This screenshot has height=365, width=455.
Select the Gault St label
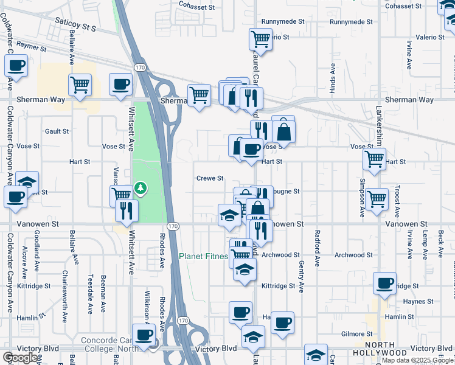pos(57,131)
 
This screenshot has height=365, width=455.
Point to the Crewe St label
pos(210,179)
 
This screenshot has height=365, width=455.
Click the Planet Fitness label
pos(203,257)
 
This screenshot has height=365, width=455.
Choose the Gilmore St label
pos(356,334)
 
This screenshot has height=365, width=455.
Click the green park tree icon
pos(141,188)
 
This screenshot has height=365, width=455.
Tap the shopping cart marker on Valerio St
pos(260,40)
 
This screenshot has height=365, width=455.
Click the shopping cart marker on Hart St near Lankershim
pos(374,159)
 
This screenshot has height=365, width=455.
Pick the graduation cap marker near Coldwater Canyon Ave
pos(27,182)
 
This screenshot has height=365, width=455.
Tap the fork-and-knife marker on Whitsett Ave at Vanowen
pos(127,210)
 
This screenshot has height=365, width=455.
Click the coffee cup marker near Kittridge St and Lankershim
pos(384,283)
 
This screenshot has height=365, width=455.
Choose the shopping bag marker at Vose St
pos(283,131)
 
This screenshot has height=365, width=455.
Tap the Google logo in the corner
pos(21,358)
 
